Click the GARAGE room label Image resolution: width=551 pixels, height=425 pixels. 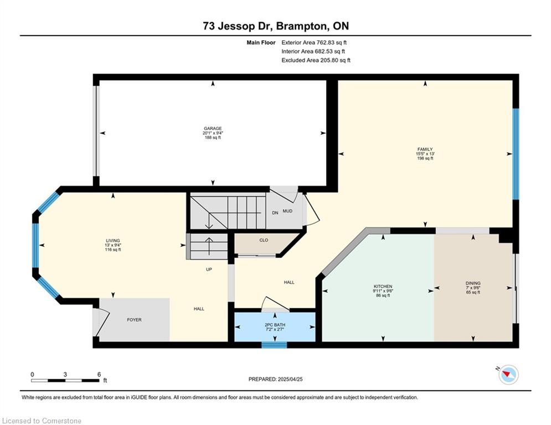213,128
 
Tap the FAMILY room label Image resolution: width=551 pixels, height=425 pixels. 425,149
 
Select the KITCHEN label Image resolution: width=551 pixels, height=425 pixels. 383,287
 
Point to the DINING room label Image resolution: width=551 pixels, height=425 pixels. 473,283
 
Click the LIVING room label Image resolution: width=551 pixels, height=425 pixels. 113,241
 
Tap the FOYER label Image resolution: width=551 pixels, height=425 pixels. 134,320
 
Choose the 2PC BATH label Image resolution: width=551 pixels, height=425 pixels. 275,325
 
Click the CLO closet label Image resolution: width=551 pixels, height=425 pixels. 264,240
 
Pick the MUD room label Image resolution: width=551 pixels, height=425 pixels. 287,211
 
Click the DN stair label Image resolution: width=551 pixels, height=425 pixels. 275,213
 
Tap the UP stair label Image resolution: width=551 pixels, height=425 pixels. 209,269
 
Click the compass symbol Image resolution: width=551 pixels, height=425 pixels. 508,375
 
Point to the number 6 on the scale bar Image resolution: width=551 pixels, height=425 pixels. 99,375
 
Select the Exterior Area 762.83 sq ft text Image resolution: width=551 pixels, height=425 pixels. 314,43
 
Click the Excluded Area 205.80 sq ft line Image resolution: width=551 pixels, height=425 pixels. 316,60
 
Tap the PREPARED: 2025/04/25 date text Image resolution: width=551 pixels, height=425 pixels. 276,379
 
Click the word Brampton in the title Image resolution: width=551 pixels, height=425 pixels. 301,26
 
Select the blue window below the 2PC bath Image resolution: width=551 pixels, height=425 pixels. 274,345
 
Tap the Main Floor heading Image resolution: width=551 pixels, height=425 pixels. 261,43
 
